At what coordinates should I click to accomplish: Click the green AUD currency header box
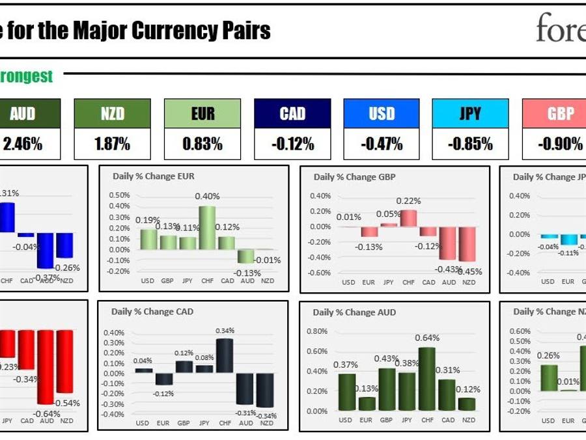(23, 114)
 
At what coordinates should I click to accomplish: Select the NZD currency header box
(112, 114)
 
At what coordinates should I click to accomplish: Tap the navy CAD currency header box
(292, 114)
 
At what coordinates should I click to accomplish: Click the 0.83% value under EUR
(202, 144)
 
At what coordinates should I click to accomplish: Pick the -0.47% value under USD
(382, 144)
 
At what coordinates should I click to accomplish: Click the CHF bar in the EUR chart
(207, 228)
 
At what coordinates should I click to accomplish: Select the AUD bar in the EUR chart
(245, 256)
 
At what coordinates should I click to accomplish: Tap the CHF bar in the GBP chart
(408, 218)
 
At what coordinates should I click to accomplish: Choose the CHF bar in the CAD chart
(225, 355)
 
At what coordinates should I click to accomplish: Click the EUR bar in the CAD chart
(163, 379)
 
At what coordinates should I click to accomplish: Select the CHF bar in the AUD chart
(427, 379)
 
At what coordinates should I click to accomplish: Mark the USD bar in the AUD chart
(347, 392)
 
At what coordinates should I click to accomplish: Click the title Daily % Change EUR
(154, 176)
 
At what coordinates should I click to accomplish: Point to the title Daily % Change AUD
(354, 312)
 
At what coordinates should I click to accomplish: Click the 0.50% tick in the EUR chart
(119, 195)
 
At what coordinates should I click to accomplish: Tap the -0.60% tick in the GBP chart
(320, 273)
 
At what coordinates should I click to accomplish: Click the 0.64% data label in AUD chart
(427, 338)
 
